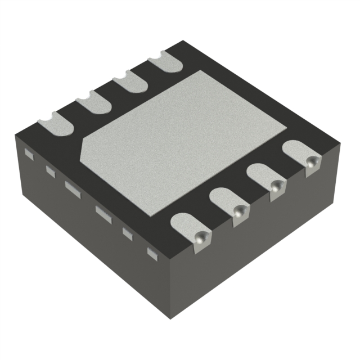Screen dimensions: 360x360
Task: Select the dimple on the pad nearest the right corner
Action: tap(310, 162)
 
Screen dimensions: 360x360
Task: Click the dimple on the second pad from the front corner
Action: tap(240, 211)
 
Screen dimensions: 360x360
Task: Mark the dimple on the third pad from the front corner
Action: tap(275, 188)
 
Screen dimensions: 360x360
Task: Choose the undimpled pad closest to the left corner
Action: tap(54, 123)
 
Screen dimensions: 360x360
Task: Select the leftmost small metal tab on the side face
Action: tap(30, 152)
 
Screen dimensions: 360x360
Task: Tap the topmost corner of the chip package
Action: tap(181, 40)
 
